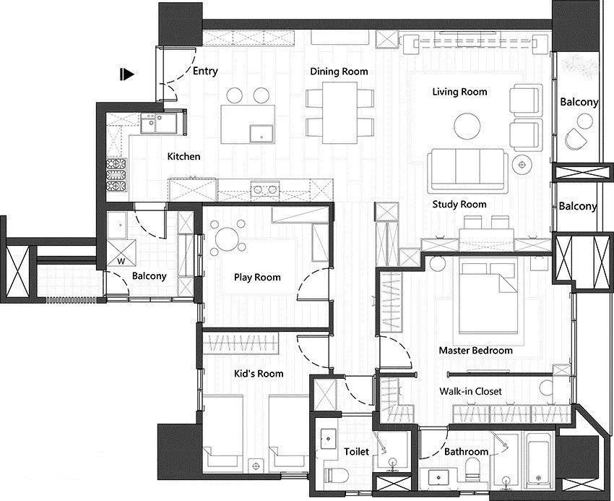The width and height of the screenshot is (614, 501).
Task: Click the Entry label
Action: [x=205, y=72]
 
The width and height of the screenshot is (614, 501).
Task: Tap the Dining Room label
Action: [x=339, y=72]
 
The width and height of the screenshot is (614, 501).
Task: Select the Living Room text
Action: [x=459, y=92]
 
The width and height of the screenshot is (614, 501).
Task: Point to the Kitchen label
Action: [x=183, y=156]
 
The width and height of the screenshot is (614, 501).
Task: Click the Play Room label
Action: [x=257, y=278]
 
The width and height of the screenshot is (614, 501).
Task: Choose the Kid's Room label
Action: [x=259, y=374]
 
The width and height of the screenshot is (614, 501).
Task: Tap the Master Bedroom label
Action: [x=475, y=351]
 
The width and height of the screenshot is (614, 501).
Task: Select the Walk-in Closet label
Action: [x=470, y=391]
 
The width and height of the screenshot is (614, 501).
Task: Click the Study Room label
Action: [x=459, y=205]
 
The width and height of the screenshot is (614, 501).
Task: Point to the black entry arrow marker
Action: [x=127, y=74]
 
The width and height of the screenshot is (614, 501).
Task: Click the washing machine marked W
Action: [x=121, y=253]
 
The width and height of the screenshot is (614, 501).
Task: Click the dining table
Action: [x=340, y=113]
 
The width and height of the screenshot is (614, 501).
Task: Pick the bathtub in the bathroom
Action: [x=540, y=458]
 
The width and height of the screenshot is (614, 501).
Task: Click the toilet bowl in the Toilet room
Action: [x=337, y=476]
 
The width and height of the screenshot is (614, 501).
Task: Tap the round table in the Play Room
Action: [x=228, y=236]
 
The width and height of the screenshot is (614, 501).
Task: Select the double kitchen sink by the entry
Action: [x=159, y=123]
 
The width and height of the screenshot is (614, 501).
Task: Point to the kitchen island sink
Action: [x=262, y=134]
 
